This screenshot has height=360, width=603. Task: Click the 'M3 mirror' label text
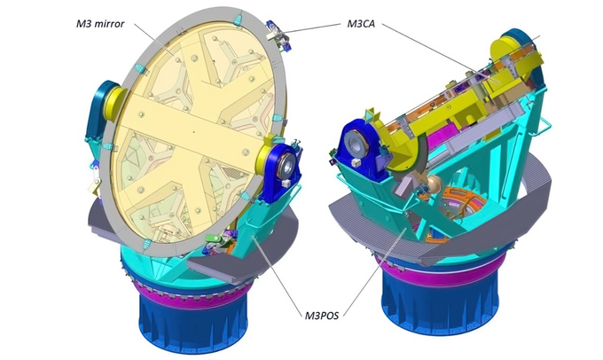(x=100, y=24)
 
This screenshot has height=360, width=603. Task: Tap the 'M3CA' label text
(x=361, y=24)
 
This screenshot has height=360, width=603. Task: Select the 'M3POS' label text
(x=322, y=316)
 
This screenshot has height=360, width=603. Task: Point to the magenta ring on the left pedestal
(x=192, y=296)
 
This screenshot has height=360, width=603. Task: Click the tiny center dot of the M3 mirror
(x=193, y=132)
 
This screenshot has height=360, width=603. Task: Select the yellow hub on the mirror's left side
(x=114, y=104)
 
